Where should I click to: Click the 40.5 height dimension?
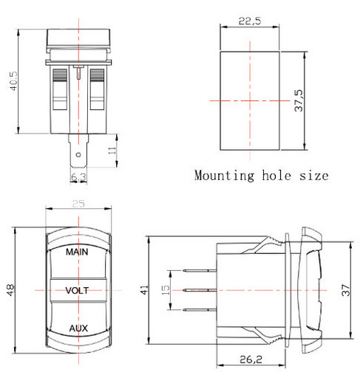pos(13,81)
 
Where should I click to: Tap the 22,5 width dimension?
pos(249,21)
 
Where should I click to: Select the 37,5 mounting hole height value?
pos(299,100)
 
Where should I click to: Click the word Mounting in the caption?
pos(224,176)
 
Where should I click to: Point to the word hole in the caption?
pos(276,175)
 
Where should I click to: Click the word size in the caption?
pos(314,176)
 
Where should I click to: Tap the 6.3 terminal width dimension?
pos(78,177)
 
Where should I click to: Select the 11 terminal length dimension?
pos(112,151)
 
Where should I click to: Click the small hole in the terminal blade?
pos(78,155)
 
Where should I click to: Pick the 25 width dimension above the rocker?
pos(78,204)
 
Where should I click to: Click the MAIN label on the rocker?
pos(77,252)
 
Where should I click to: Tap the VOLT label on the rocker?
pos(77,291)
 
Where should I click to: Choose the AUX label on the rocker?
pos(78,329)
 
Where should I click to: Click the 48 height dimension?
pos(10,290)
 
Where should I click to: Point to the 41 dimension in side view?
pos(144,289)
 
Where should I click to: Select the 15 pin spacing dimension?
pos(166,290)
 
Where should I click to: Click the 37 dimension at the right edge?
pos(346,290)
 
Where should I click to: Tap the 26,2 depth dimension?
pos(251,360)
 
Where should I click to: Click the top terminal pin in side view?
pos(200,271)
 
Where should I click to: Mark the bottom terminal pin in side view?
pos(200,310)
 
